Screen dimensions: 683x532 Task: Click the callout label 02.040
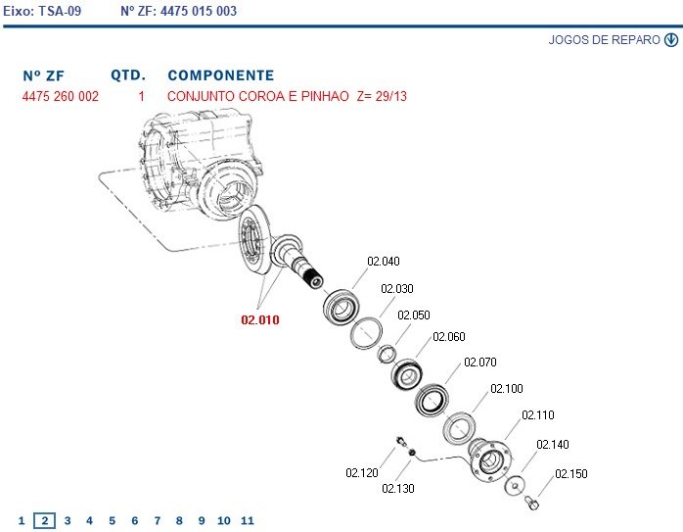384,262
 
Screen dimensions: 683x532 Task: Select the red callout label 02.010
260,320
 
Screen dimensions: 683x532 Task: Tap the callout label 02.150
571,473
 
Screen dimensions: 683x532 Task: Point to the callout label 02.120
361,472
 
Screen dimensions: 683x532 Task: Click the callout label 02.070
480,362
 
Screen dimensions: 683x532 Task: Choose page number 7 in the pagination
158,520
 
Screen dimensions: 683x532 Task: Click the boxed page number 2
44,520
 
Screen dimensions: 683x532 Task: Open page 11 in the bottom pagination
247,520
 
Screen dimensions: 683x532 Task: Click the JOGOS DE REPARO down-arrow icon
671,40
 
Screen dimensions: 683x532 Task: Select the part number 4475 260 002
61,96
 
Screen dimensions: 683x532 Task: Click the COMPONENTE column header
221,75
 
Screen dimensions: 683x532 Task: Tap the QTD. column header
128,75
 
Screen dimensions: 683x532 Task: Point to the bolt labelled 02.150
532,504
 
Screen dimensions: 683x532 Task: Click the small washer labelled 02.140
515,486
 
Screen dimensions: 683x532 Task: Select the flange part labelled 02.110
488,459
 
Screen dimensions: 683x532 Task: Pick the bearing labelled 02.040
341,307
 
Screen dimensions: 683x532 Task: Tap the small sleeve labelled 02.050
387,354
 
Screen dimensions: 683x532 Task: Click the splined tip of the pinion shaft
314,279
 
